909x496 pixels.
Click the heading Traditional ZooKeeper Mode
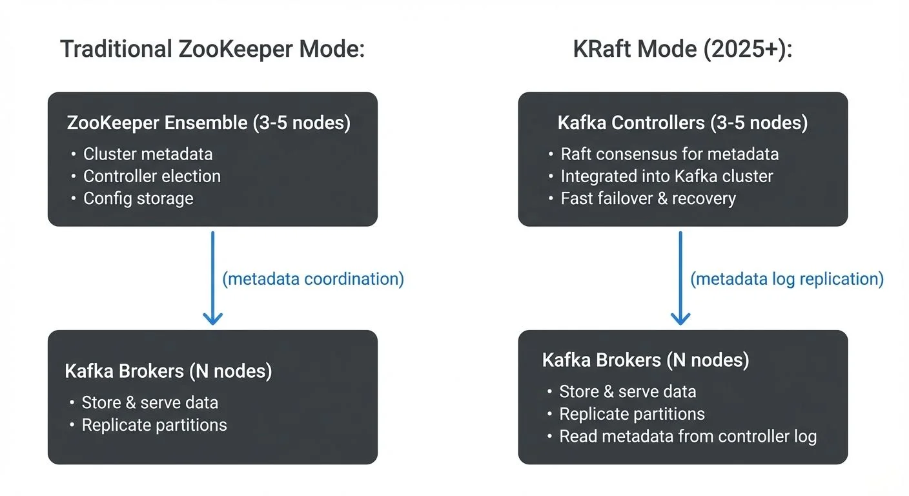212,50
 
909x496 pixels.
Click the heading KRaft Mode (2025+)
682,50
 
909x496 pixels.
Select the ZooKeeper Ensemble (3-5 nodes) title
209,123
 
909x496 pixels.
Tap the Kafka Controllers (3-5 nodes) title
682,123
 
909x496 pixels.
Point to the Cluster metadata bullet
148,154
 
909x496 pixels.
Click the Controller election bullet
152,176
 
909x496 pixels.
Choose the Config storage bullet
138,198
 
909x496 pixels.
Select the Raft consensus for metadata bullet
669,154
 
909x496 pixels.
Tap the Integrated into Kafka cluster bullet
667,176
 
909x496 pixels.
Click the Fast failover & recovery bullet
648,198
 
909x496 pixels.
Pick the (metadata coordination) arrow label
313,278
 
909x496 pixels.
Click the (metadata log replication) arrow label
787,278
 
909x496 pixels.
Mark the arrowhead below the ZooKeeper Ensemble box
212,317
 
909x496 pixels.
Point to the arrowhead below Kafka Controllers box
680,317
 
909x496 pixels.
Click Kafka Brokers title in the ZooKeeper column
169,371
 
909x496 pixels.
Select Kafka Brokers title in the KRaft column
646,360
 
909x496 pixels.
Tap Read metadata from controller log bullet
688,436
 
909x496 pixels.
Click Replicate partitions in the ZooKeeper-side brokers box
154,424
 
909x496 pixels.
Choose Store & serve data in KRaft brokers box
628,391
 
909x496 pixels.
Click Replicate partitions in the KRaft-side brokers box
632,413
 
